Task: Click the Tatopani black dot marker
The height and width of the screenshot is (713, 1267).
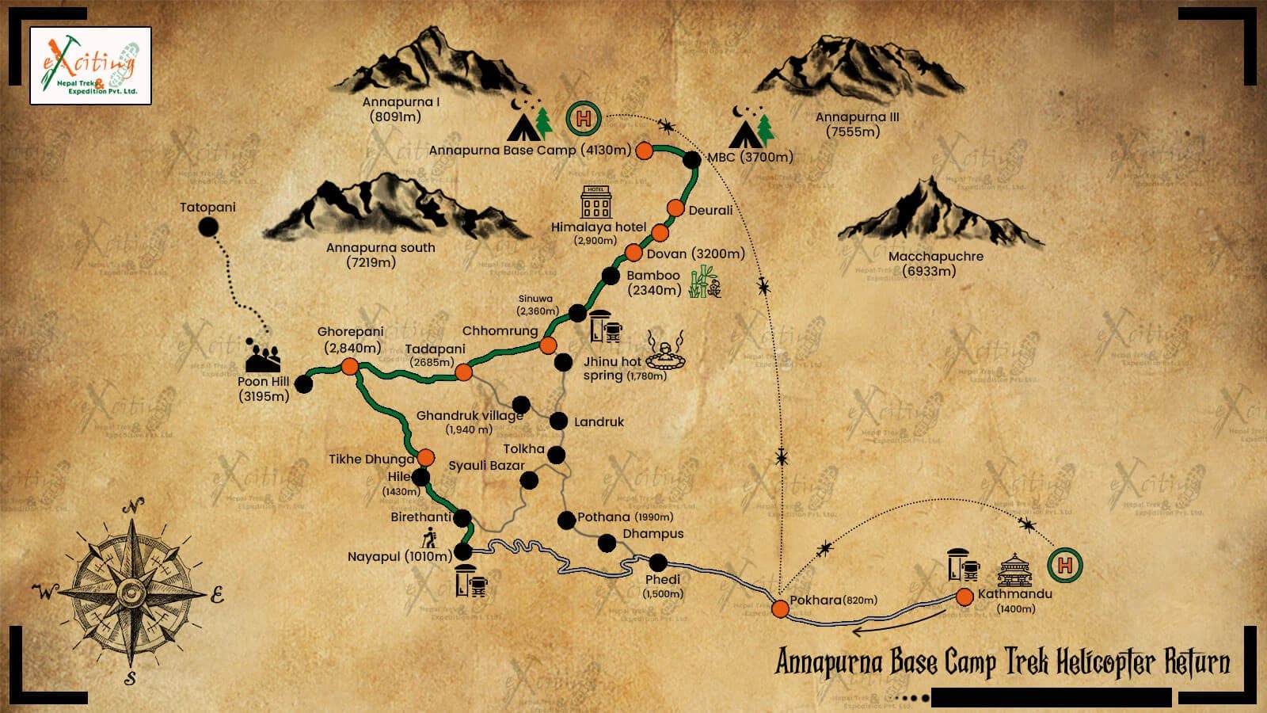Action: (207, 227)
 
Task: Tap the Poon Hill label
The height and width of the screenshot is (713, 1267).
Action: (264, 388)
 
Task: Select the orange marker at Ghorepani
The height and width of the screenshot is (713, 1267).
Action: (349, 366)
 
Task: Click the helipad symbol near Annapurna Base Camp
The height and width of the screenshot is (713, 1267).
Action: (584, 120)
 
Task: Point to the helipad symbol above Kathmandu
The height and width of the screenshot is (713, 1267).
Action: (1064, 565)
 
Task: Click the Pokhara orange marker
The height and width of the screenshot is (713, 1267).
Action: (780, 608)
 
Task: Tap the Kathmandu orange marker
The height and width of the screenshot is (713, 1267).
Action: (964, 597)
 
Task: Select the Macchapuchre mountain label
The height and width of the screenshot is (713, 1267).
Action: (935, 263)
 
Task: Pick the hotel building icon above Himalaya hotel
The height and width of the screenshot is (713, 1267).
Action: (596, 202)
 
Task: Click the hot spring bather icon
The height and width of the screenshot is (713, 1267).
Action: (665, 350)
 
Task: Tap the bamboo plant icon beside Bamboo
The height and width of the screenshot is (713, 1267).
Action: (703, 283)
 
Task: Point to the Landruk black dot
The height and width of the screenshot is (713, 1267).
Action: (558, 421)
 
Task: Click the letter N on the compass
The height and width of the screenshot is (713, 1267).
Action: (135, 505)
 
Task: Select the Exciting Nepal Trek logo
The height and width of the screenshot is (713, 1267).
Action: (90, 66)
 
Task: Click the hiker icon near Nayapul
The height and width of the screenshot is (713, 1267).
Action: (429, 538)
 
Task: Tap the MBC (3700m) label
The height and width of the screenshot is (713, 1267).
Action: (749, 157)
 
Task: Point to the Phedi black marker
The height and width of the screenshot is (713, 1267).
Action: (658, 562)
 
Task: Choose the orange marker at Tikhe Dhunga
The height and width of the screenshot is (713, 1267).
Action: (425, 457)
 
